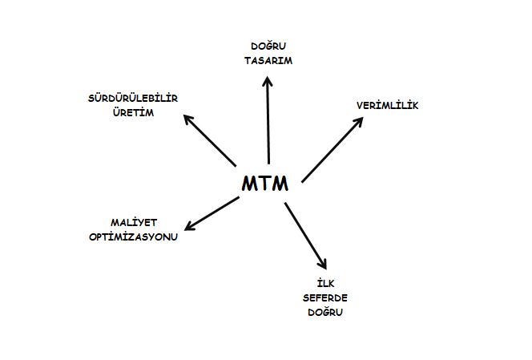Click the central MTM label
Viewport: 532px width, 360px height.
[265, 184]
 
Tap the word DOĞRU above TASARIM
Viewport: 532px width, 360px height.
[268, 46]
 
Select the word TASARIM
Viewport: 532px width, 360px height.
[268, 61]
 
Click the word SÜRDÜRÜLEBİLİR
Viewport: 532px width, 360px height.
[133, 98]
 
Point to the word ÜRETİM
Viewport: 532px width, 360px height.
[133, 112]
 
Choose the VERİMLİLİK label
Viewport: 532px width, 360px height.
[388, 105]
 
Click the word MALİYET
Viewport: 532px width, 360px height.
[134, 222]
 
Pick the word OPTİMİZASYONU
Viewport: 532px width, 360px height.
[133, 237]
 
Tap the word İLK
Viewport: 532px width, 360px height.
[325, 283]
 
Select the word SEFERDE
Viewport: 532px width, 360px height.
[325, 297]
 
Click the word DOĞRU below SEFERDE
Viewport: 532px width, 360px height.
[325, 311]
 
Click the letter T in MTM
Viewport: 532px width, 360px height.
[265, 184]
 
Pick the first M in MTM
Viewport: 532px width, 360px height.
[249, 184]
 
